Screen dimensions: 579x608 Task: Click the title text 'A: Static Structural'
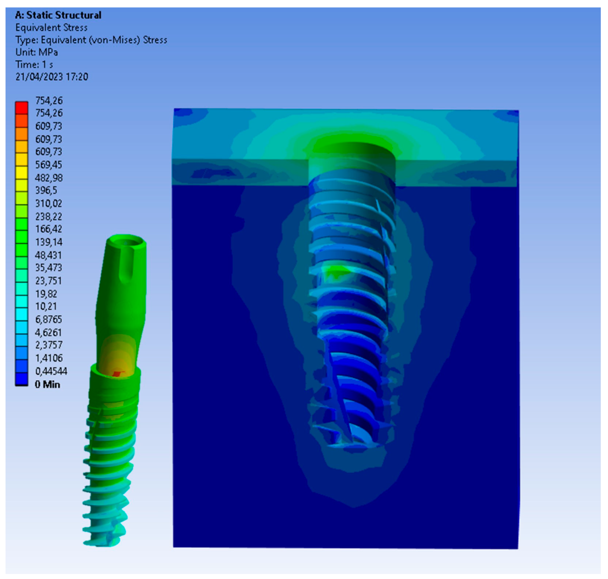[58, 15]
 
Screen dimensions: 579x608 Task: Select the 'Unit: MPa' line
[37, 52]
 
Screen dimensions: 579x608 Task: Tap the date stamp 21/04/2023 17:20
[52, 77]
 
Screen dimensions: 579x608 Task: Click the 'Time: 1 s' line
[34, 65]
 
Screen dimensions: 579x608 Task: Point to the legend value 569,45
[49, 165]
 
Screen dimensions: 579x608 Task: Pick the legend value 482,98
[49, 178]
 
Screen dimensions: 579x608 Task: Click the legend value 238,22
[49, 216]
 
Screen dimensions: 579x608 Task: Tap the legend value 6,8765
[49, 319]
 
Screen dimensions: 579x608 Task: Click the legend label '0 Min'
[47, 384]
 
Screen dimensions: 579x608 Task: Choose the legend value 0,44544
[51, 371]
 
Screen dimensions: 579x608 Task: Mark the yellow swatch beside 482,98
[22, 173]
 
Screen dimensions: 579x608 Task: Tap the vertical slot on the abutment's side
[128, 265]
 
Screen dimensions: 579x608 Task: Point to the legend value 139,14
[49, 242]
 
